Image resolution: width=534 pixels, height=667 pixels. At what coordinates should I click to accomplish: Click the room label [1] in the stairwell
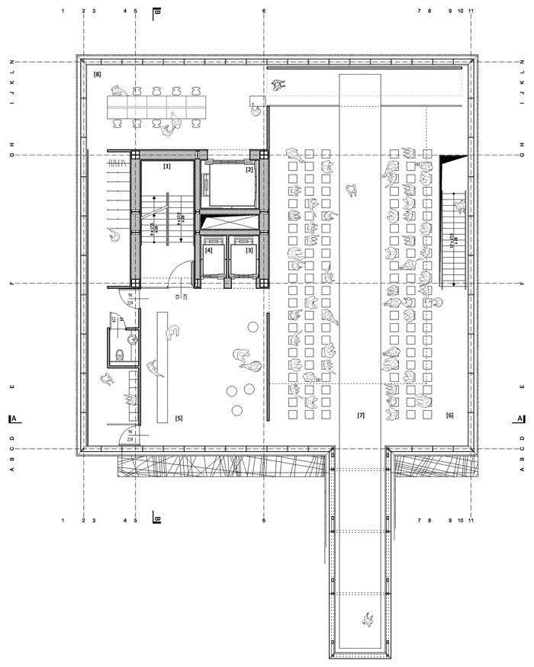pyautogui.click(x=167, y=165)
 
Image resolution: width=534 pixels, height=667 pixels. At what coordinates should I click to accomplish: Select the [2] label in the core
pyautogui.click(x=249, y=170)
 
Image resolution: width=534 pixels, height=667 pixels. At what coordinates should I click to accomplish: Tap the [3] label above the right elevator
pyautogui.click(x=249, y=250)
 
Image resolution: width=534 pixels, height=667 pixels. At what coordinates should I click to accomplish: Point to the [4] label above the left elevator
pyautogui.click(x=208, y=250)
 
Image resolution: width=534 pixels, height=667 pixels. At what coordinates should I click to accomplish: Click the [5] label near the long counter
pyautogui.click(x=179, y=418)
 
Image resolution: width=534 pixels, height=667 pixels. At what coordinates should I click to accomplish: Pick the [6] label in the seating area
pyautogui.click(x=449, y=415)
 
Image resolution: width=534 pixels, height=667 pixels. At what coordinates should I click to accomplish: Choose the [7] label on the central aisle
pyautogui.click(x=361, y=415)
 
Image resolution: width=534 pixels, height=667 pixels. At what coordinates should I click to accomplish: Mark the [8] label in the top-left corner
pyautogui.click(x=98, y=75)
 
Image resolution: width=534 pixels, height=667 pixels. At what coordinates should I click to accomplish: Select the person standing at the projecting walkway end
pyautogui.click(x=368, y=620)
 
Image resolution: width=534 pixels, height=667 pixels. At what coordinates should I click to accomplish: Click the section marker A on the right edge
pyautogui.click(x=520, y=418)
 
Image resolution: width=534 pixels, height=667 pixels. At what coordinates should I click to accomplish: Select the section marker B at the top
pyautogui.click(x=156, y=12)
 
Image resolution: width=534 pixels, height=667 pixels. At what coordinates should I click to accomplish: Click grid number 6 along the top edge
pyautogui.click(x=264, y=11)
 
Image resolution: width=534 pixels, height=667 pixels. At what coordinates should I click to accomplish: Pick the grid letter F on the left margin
pyautogui.click(x=11, y=284)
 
